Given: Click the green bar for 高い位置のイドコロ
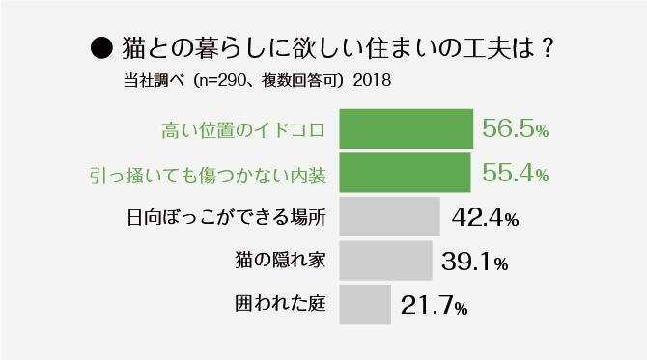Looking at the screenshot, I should pyautogui.click(x=406, y=129).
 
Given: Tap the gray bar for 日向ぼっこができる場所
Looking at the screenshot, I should pyautogui.click(x=390, y=216).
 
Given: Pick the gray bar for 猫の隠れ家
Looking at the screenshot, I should pyautogui.click(x=385, y=260).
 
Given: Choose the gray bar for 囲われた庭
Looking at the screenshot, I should pyautogui.click(x=365, y=304).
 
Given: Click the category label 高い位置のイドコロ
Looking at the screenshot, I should pyautogui.click(x=241, y=130).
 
